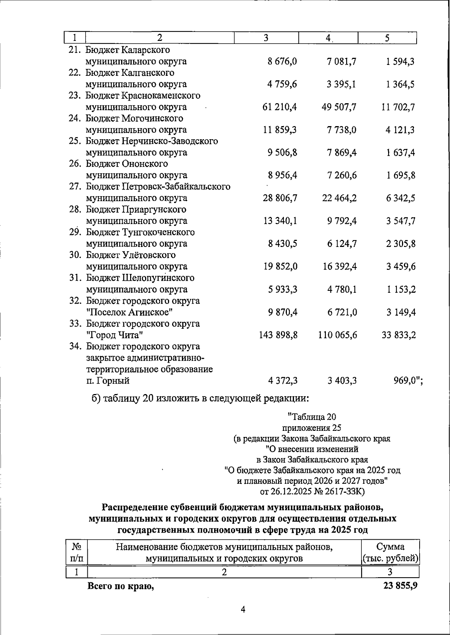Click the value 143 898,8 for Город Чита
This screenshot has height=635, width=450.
pyautogui.click(x=278, y=335)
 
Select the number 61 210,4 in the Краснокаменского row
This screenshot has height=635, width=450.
pyautogui.click(x=280, y=107)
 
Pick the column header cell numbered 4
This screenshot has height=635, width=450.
pyautogui.click(x=328, y=38)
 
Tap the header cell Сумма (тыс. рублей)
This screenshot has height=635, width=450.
pyautogui.click(x=390, y=552)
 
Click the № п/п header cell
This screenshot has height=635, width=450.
pyautogui.click(x=76, y=552)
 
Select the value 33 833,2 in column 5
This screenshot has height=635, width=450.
pyautogui.click(x=399, y=335)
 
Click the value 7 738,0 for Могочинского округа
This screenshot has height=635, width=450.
pyautogui.click(x=341, y=130)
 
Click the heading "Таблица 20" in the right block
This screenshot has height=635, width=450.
pyautogui.click(x=312, y=417)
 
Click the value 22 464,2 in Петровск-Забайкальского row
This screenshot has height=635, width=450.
pyautogui.click(x=339, y=198)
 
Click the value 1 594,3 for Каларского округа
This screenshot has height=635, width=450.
pyautogui.click(x=400, y=62)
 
